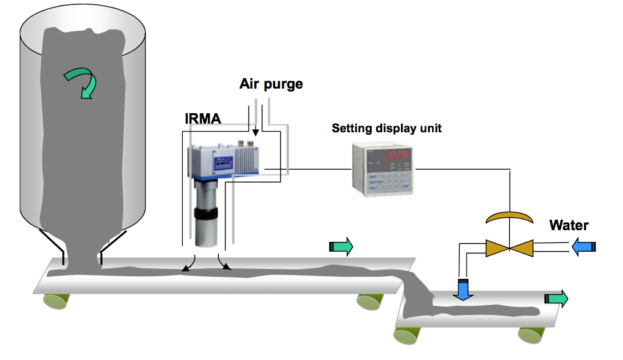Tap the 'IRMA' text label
pyautogui.click(x=203, y=118)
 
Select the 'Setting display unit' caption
pyautogui.click(x=387, y=129)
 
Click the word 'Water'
pyautogui.click(x=569, y=225)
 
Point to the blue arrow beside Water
pyautogui.click(x=584, y=247)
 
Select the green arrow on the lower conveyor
pyautogui.click(x=556, y=299)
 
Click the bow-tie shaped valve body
pyautogui.click(x=510, y=248)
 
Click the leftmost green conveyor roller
pyautogui.click(x=56, y=301)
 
